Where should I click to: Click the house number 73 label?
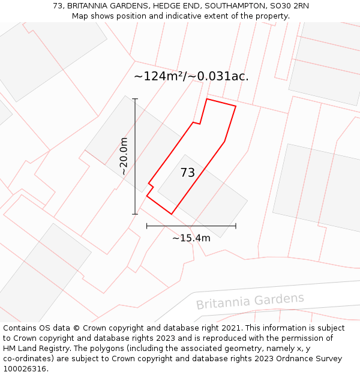pyautogui.click(x=187, y=173)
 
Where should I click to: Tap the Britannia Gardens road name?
pyautogui.click(x=250, y=301)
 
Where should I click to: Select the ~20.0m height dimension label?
pyautogui.click(x=124, y=156)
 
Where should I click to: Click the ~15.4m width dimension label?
pyautogui.click(x=191, y=238)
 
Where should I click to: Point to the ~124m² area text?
pyautogui.click(x=159, y=77)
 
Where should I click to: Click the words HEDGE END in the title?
pyautogui.click(x=176, y=6)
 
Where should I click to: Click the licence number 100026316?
pyautogui.click(x=25, y=369)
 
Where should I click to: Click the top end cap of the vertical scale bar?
pyautogui.click(x=135, y=99)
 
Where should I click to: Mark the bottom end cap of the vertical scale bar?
pyautogui.click(x=135, y=214)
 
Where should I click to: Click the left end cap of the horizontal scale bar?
pyautogui.click(x=147, y=226)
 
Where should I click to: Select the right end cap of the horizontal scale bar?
pyautogui.click(x=236, y=226)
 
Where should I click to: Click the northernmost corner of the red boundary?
pyautogui.click(x=207, y=98)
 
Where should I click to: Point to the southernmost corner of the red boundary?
pyautogui.click(x=172, y=214)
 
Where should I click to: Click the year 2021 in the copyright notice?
pyautogui.click(x=230, y=328)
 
